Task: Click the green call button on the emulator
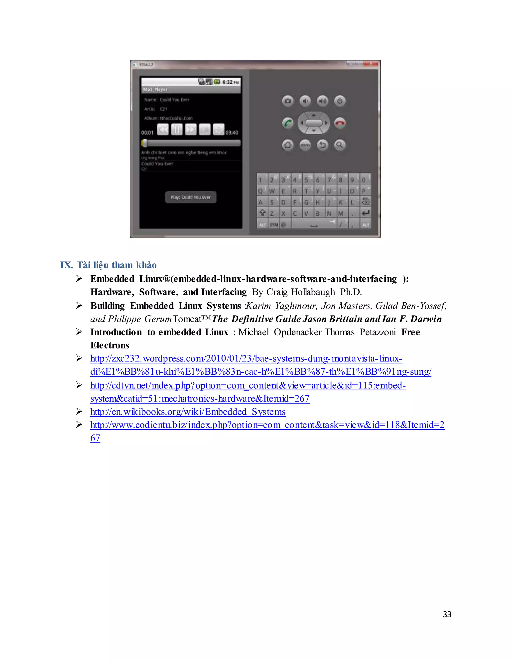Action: [x=288, y=123]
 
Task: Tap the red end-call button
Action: [x=340, y=123]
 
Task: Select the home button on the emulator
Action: [x=288, y=145]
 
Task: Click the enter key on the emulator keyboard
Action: [x=365, y=213]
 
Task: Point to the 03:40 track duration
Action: [x=232, y=132]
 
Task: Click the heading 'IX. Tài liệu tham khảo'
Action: [x=108, y=265]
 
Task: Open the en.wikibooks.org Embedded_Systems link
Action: [x=188, y=412]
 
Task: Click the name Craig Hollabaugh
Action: [x=300, y=292]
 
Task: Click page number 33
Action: [x=447, y=614]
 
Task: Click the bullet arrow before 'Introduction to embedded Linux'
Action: [x=79, y=332]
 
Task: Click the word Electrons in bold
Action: [x=110, y=345]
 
